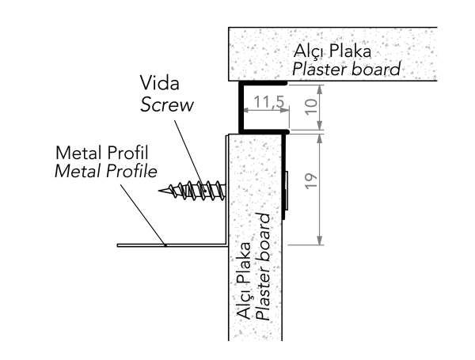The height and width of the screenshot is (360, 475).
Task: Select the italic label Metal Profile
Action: point(106,170)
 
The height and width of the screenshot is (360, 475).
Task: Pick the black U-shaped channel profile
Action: point(242,107)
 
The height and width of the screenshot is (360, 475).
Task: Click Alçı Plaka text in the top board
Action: point(332,52)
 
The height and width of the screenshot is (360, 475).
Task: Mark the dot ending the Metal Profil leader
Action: point(165,245)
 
